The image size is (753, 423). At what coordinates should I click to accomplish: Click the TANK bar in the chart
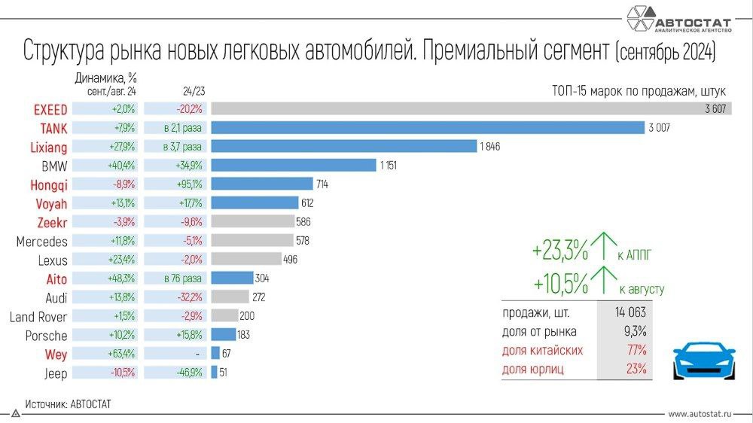coord(428,127)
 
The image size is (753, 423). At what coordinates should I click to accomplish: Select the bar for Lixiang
coord(343,146)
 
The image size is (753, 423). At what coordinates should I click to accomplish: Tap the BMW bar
coord(293,165)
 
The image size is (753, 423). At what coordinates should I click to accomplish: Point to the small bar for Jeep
coord(214,372)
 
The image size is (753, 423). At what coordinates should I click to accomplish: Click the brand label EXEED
coord(50,109)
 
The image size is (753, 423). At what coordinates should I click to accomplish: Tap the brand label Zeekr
coord(52,222)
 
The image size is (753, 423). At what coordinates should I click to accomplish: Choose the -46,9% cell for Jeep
coord(175,373)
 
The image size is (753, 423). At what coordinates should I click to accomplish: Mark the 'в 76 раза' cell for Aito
coord(175,278)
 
